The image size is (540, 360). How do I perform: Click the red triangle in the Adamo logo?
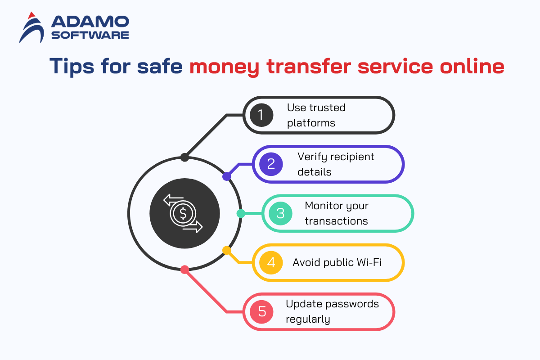click(x=31, y=16)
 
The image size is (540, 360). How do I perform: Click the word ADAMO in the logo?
click(x=90, y=22)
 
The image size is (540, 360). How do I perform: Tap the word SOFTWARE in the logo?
click(x=90, y=35)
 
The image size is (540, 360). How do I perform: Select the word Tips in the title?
click(x=72, y=66)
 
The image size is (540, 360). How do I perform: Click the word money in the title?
click(x=224, y=67)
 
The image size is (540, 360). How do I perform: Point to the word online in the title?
click(x=472, y=66)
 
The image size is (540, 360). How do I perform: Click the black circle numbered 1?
click(x=261, y=115)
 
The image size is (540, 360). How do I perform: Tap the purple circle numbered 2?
click(x=271, y=164)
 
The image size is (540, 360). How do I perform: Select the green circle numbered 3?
click(x=280, y=213)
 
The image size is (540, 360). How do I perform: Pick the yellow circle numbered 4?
click(x=271, y=263)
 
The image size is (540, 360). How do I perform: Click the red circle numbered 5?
click(x=261, y=312)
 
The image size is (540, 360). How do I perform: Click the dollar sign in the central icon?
click(x=183, y=213)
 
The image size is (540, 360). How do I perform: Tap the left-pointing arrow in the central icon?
click(x=173, y=200)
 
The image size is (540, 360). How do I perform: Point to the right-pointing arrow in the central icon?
click(x=193, y=227)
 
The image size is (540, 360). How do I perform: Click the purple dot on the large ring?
click(x=227, y=176)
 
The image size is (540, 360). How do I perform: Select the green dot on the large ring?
click(x=241, y=213)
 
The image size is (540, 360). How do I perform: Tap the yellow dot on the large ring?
click(x=227, y=250)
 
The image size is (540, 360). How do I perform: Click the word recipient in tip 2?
click(x=352, y=157)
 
